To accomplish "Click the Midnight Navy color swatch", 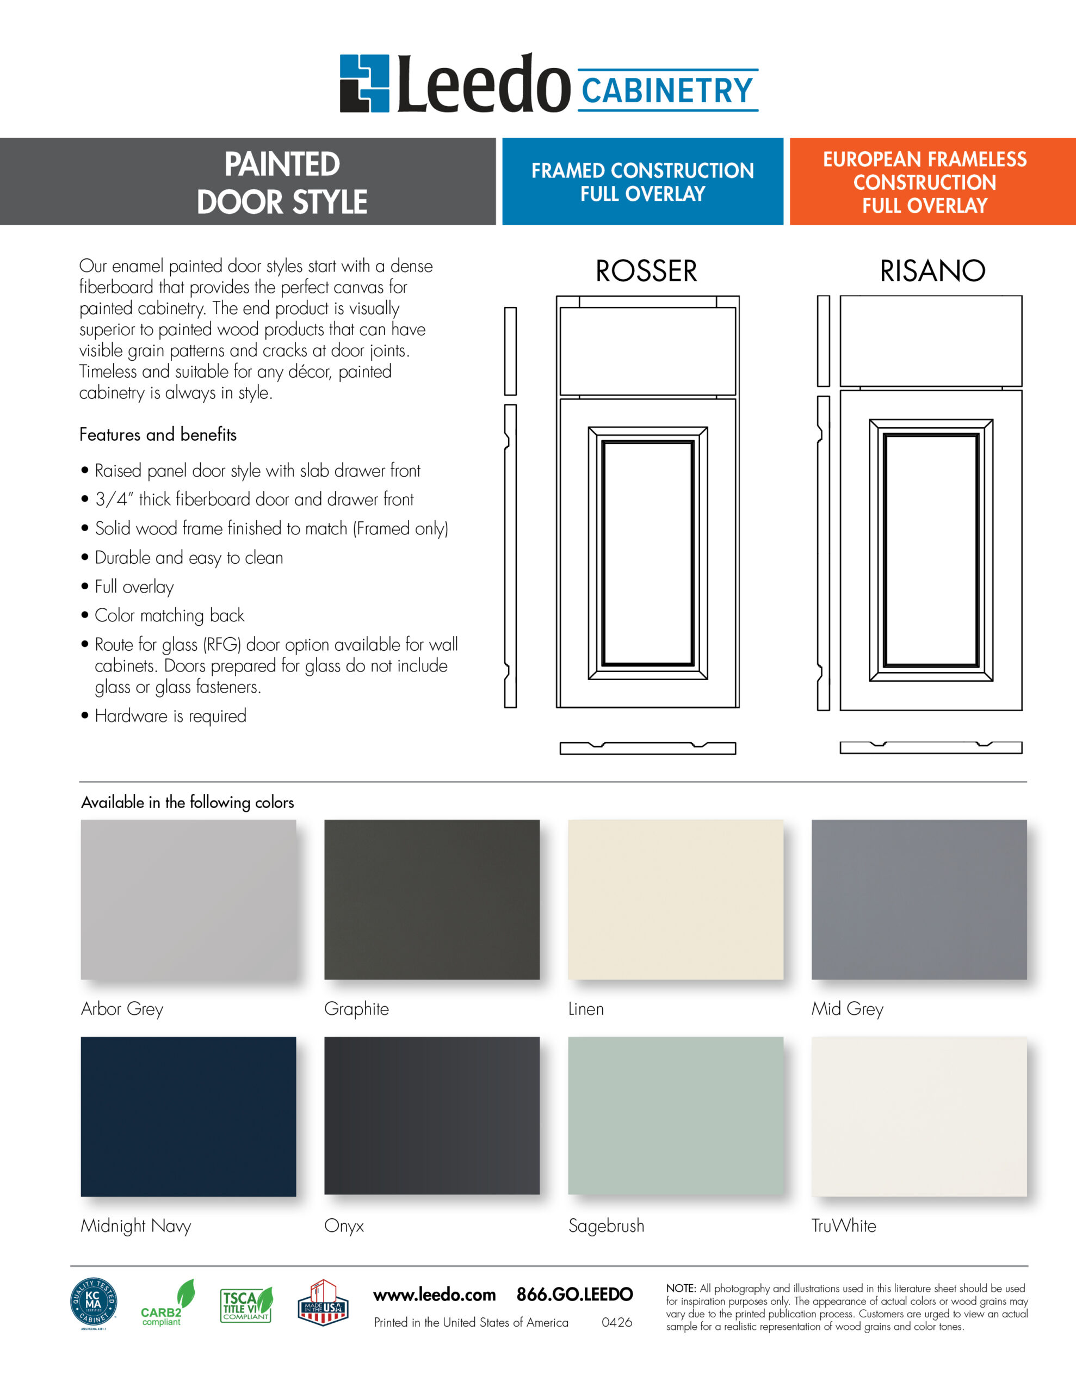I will [188, 1116].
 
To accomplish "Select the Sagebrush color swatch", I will [676, 1115].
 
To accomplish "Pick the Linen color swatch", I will [676, 899].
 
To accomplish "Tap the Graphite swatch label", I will [356, 1009].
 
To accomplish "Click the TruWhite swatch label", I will [843, 1226].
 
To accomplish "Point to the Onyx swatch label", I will [344, 1226].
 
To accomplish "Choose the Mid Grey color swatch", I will [918, 899].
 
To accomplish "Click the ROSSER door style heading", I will [646, 271].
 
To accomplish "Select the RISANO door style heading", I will [932, 271].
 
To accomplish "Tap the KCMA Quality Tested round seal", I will [93, 1304].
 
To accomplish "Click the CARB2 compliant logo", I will [166, 1304].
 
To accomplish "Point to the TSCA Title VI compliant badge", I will [246, 1305].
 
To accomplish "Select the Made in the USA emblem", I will [323, 1304].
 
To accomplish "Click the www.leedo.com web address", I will [434, 1295].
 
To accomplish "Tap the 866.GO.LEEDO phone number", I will [574, 1295].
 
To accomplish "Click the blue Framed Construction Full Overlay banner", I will [642, 182].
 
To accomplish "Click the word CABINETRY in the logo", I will [667, 90].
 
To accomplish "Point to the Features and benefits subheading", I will [158, 435].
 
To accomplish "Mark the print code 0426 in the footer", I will [616, 1322].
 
